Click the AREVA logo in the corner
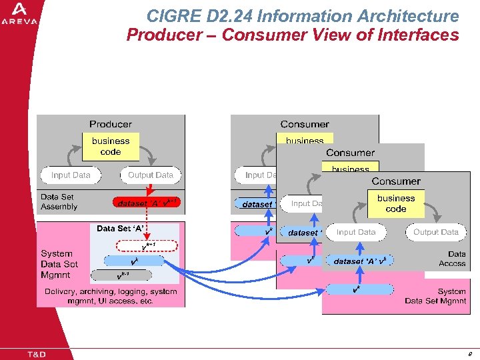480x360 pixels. point(20,13)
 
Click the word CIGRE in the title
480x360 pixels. point(169,16)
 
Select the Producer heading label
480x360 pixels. point(111,124)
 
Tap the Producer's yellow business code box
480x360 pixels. point(111,147)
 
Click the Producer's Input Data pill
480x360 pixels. point(71,175)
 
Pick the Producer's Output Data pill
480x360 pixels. point(150,175)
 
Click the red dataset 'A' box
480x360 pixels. point(145,202)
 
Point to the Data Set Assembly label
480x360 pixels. point(59,202)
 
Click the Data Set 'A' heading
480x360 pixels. point(121,229)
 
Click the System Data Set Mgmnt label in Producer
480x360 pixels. point(59,264)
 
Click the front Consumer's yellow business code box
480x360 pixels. point(396,203)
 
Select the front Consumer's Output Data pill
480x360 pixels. point(435,232)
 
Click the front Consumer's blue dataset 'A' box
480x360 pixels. point(360,261)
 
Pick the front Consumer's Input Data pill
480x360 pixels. point(356,232)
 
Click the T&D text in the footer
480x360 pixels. point(36,354)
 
